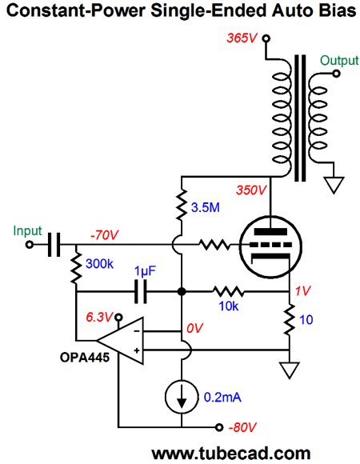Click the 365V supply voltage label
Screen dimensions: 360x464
tap(242, 38)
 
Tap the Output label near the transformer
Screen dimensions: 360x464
tap(339, 60)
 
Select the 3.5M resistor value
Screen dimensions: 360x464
tap(206, 207)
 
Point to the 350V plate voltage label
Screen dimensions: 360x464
tap(251, 190)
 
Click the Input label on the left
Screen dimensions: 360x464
tap(27, 230)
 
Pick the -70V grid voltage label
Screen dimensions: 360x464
tap(104, 235)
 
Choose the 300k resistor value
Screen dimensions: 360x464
tap(99, 264)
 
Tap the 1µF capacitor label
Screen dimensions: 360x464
tap(145, 271)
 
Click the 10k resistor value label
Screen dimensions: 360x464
tap(229, 306)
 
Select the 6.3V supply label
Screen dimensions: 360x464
tap(99, 318)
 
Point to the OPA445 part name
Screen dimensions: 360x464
tap(85, 358)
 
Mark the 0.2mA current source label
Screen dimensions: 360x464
tap(222, 397)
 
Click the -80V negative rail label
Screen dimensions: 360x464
tap(242, 427)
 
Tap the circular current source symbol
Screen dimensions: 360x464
tap(182, 397)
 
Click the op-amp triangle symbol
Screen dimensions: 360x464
tap(120, 341)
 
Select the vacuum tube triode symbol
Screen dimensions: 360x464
tap(270, 246)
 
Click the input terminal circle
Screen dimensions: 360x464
tap(30, 245)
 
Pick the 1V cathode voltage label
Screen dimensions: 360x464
tap(303, 291)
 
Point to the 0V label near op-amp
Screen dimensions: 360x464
tap(194, 328)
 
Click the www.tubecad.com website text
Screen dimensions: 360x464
tap(231, 454)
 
